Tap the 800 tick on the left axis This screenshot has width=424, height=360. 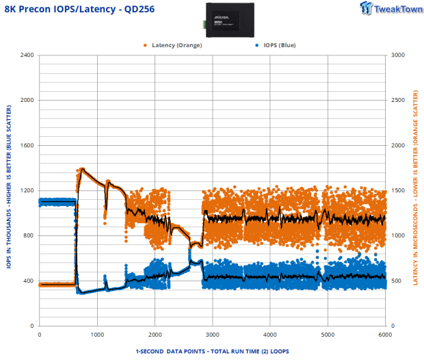click(28, 235)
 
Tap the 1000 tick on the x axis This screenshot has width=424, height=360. click(97, 335)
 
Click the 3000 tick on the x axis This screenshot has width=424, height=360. click(212, 335)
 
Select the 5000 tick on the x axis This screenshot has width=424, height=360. click(328, 335)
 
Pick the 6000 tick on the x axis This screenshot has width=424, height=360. click(385, 335)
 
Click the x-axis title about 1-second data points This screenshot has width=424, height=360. click(212, 351)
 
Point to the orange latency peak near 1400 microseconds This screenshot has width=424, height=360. click(83, 169)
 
